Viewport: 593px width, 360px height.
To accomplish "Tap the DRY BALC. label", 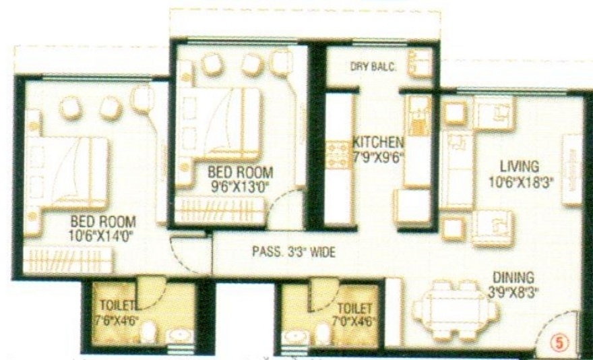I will (x=373, y=66).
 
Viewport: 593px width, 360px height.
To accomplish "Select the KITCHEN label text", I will (x=378, y=142).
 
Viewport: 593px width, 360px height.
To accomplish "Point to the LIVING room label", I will (x=519, y=166).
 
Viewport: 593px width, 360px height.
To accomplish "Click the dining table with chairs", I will (x=449, y=309).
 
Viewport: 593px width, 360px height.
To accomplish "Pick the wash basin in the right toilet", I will (x=295, y=335).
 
